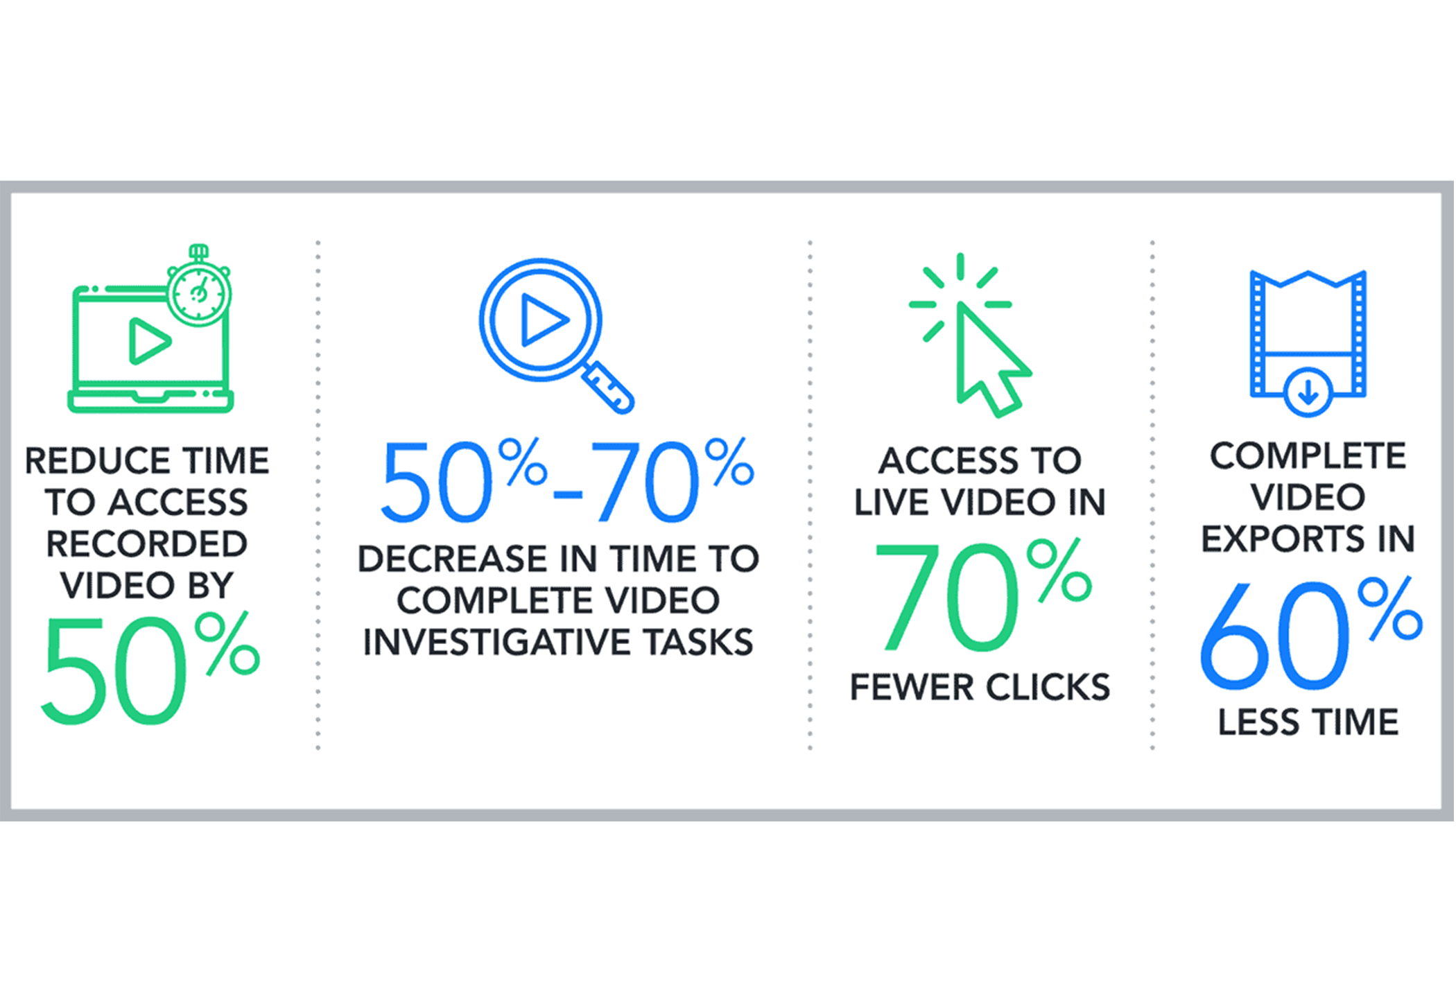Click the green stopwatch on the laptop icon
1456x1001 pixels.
pos(199,291)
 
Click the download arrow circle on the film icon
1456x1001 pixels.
pos(1308,393)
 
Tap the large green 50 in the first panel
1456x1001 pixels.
pos(114,671)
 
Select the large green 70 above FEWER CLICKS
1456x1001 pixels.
pos(946,598)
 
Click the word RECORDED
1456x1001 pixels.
pos(146,544)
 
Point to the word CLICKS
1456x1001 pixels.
pos(1048,688)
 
